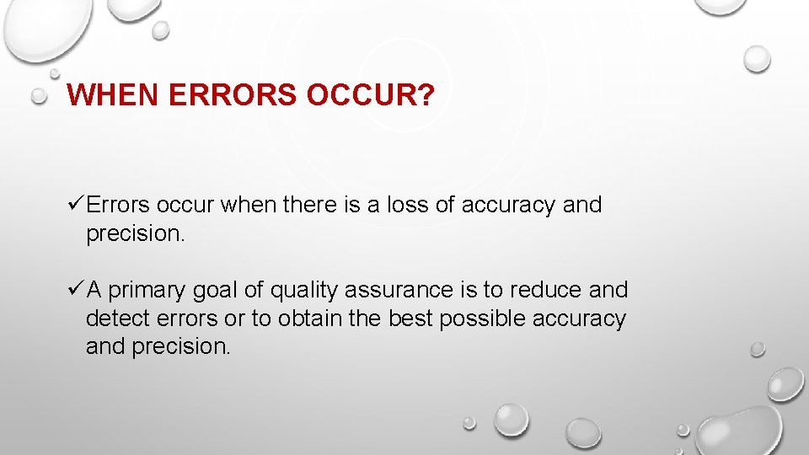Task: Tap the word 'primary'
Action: coord(147,291)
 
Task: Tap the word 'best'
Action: coord(407,319)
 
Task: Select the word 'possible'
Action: coord(476,319)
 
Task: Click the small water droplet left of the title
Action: coord(39,97)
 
